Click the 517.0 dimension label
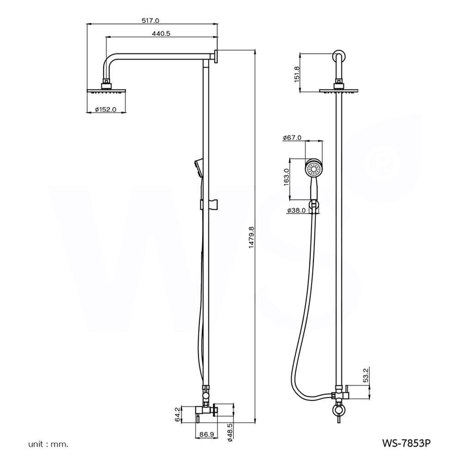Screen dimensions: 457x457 tap(150, 21)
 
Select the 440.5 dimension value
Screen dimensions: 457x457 tap(161, 33)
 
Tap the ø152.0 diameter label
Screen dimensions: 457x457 tap(106, 110)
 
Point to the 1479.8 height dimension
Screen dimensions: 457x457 tap(251, 237)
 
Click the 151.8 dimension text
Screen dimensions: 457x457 tap(297, 74)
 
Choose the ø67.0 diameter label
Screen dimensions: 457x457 tap(292, 138)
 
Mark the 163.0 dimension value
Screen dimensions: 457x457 tap(286, 177)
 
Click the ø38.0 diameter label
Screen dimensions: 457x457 tap(296, 210)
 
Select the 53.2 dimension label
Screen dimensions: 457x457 tap(366, 375)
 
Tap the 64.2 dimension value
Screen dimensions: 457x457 tap(177, 414)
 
